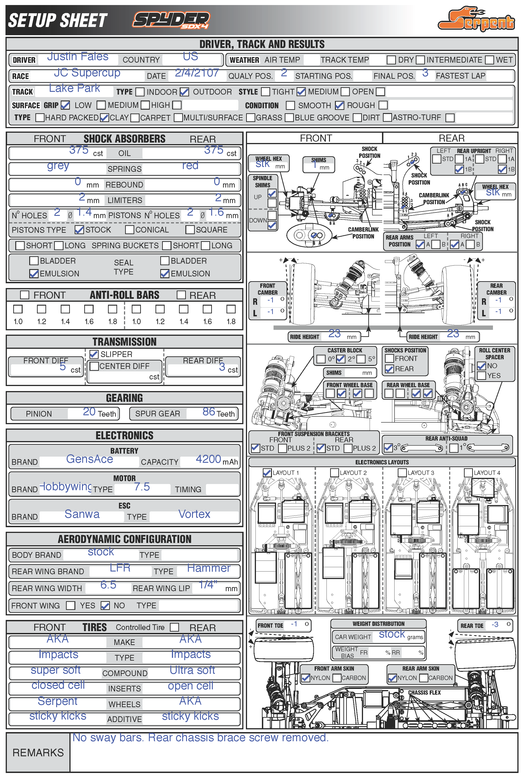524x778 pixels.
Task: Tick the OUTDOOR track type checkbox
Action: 184,92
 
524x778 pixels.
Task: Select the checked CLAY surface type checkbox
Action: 104,118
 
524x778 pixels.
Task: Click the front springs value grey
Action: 58,166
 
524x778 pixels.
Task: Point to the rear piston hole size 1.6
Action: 216,212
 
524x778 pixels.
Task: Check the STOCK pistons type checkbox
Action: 79,230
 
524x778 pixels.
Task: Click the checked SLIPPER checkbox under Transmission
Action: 94,354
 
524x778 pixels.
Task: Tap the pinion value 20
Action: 89,412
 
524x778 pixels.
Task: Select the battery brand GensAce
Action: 90,459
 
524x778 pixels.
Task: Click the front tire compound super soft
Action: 55,670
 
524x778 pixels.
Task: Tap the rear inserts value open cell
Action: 190,686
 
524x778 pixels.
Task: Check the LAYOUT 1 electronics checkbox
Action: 267,472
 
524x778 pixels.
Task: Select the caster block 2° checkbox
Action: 340,359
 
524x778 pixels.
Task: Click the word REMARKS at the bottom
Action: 38,753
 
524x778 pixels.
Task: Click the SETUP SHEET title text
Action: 58,20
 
